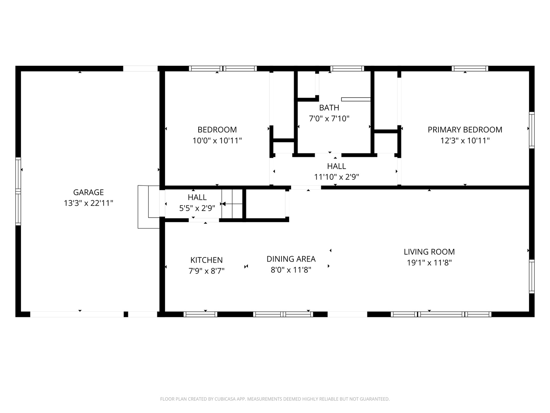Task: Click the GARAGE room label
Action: (88, 192)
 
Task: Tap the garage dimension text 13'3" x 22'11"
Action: (88, 203)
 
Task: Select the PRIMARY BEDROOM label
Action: (465, 130)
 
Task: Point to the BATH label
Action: (329, 107)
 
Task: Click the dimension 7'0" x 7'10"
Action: (329, 119)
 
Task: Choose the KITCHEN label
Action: (206, 260)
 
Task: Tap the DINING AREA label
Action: (291, 259)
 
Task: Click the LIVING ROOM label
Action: (429, 252)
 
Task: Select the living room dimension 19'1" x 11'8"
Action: (429, 263)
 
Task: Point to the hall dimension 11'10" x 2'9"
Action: (336, 177)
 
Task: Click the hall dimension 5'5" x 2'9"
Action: (197, 208)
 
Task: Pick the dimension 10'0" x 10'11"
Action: (217, 140)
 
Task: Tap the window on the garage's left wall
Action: (18, 191)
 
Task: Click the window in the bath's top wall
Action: (347, 68)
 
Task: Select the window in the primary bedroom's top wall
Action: (470, 68)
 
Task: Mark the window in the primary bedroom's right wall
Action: (532, 130)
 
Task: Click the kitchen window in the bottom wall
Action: (200, 314)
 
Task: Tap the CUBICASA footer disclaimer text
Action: (275, 399)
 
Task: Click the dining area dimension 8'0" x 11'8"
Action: (291, 270)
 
